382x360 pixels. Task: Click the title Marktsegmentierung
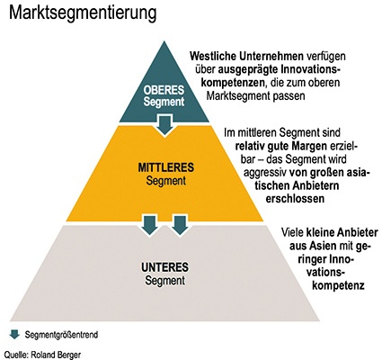[83, 13]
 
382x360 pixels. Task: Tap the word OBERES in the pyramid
[164, 90]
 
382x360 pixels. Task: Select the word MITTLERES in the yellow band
[165, 167]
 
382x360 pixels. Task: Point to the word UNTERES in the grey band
[164, 267]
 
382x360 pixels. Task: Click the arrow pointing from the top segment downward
[164, 125]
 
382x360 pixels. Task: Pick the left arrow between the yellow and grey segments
[149, 225]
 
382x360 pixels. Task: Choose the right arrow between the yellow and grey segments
[180, 225]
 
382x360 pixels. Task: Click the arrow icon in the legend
[14, 334]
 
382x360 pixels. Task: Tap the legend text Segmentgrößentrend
[61, 335]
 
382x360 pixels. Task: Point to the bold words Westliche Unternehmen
[246, 56]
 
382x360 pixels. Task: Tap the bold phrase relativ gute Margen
[281, 146]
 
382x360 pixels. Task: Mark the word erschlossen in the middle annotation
[295, 199]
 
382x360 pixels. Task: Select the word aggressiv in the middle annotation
[265, 173]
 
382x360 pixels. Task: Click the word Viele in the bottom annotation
[292, 232]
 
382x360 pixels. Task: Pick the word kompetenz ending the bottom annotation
[338, 285]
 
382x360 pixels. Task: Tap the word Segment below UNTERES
[164, 281]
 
